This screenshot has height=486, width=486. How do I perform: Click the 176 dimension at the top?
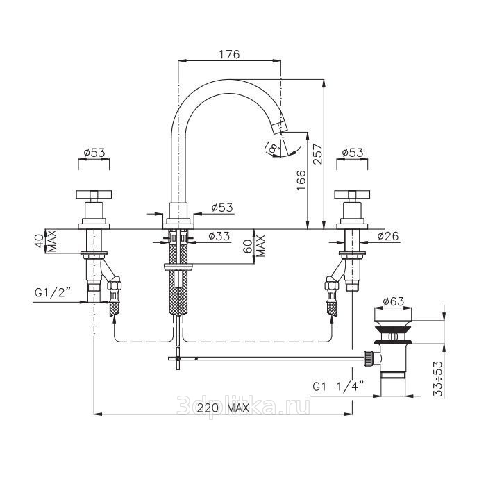(229, 54)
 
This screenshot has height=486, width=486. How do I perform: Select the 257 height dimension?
(317, 154)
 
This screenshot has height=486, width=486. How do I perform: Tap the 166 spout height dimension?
(301, 181)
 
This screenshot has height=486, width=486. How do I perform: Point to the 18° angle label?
(271, 147)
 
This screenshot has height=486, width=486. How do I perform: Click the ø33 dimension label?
(219, 236)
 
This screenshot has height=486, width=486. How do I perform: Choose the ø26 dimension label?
(388, 236)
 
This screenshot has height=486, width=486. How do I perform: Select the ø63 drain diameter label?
(394, 301)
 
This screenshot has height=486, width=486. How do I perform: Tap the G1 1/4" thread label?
(338, 387)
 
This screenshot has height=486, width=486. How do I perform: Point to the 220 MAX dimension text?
(223, 408)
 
